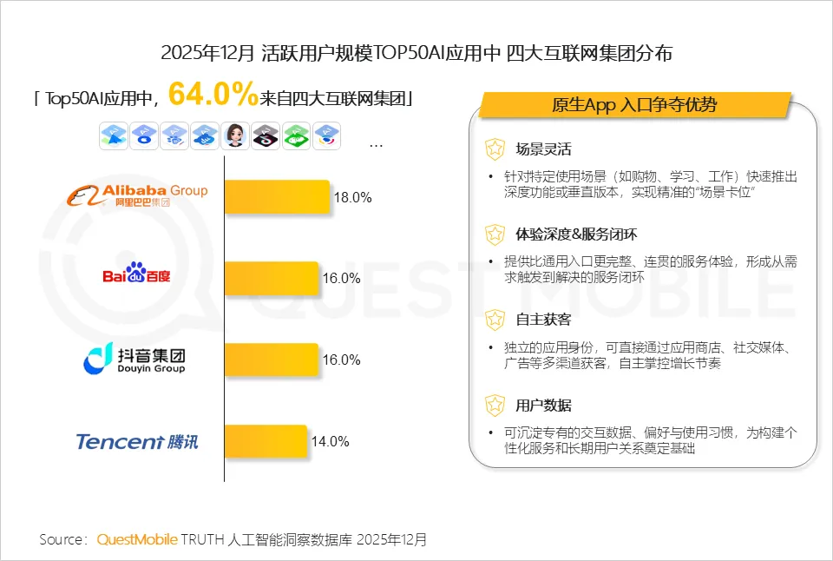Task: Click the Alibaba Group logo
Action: click(137, 195)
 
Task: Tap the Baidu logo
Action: click(137, 275)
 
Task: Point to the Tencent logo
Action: click(137, 441)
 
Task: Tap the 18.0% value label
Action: click(353, 197)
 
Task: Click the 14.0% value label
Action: click(331, 441)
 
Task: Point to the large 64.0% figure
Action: click(213, 92)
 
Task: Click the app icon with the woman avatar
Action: click(235, 135)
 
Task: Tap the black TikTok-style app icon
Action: click(266, 135)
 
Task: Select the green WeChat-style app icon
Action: click(296, 135)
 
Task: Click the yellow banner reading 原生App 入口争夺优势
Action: click(634, 105)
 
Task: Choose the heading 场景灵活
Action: click(543, 149)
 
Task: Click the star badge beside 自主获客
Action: click(495, 320)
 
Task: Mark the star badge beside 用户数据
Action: click(495, 405)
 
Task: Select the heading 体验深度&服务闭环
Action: click(575, 234)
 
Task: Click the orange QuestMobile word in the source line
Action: click(137, 539)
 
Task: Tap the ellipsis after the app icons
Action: click(376, 144)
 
